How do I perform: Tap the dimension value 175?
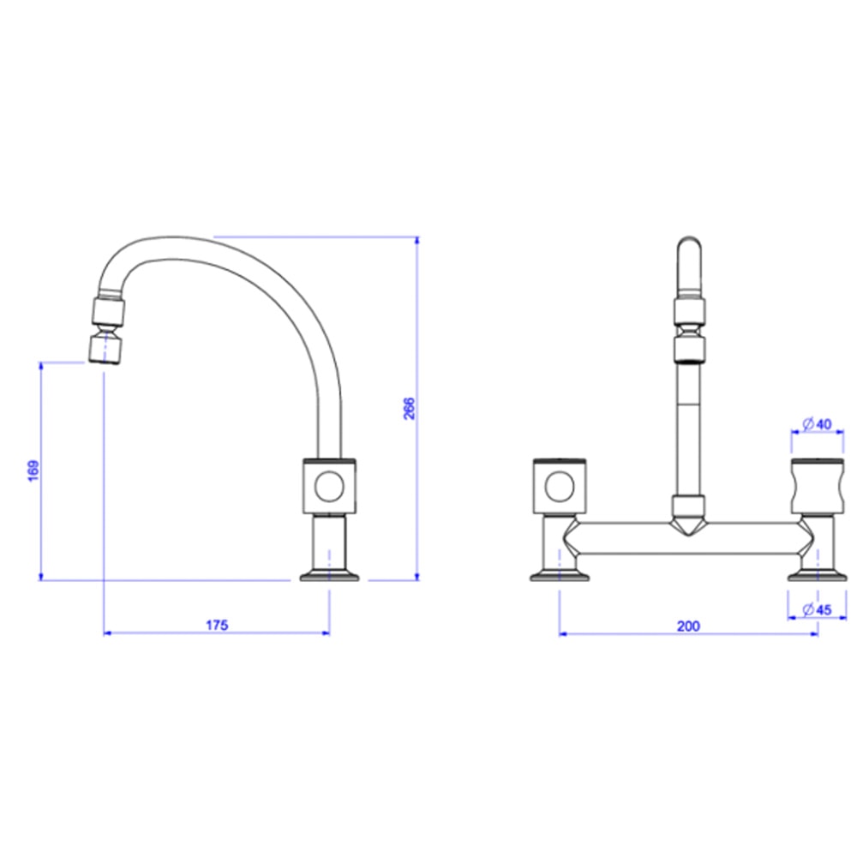(x=217, y=626)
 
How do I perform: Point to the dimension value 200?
(x=688, y=626)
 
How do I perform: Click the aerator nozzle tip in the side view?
(x=106, y=351)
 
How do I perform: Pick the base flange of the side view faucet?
(x=328, y=576)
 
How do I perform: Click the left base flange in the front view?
(x=560, y=576)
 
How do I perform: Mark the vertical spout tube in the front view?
(x=689, y=428)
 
